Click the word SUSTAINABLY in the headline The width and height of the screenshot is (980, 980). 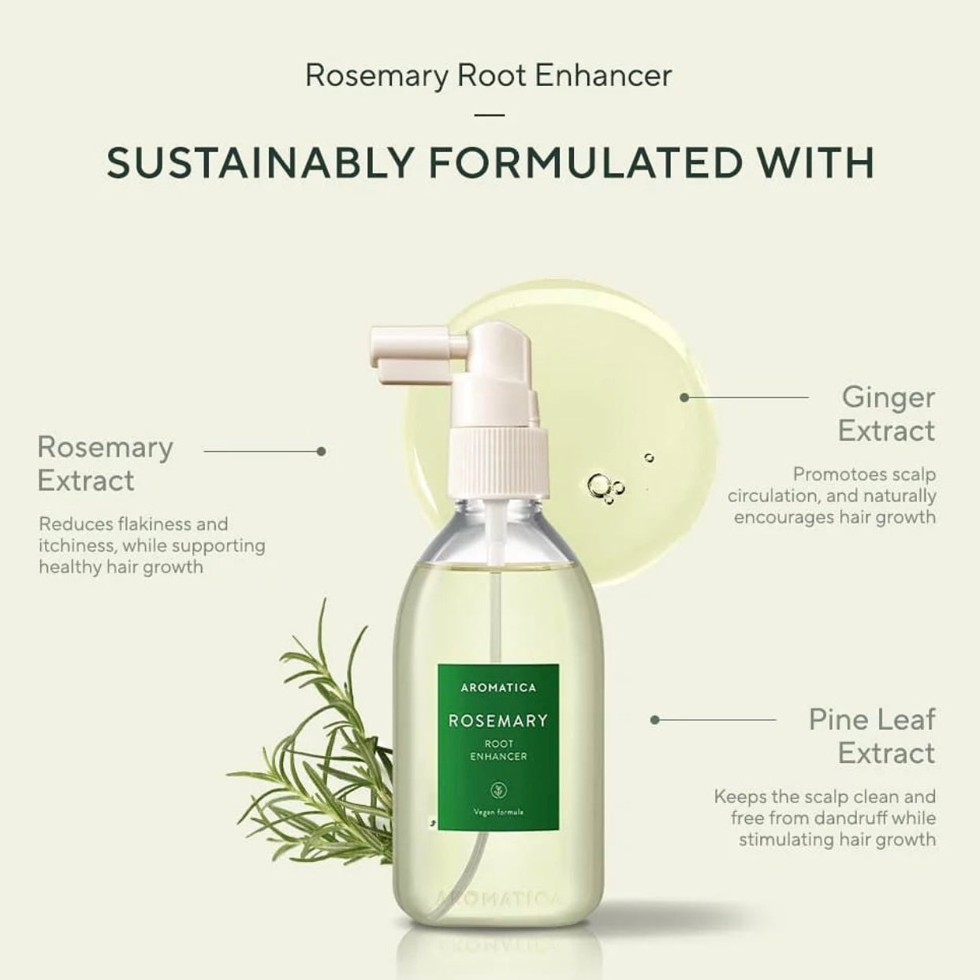click(259, 162)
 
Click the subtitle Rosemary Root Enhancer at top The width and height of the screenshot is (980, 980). click(489, 76)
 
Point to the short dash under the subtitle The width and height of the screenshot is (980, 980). click(489, 115)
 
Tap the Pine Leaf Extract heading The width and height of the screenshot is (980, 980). click(872, 736)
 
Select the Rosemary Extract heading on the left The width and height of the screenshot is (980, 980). click(106, 464)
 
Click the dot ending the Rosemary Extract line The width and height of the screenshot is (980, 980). click(321, 451)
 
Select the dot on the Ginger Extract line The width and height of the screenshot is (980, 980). click(684, 397)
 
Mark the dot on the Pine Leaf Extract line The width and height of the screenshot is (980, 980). click(655, 720)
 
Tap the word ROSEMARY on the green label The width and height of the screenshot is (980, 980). click(498, 721)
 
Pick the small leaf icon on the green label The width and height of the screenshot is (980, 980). click(497, 790)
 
